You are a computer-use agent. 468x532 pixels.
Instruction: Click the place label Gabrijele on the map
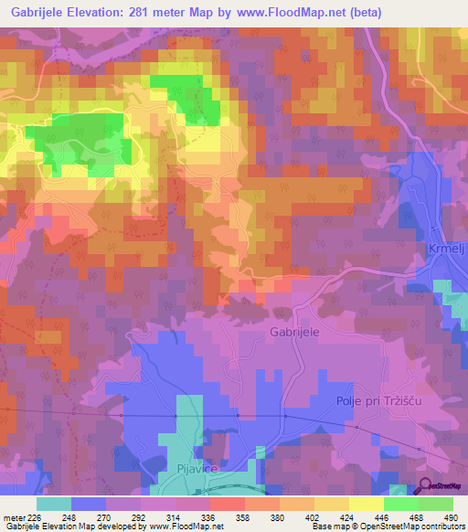click(x=294, y=333)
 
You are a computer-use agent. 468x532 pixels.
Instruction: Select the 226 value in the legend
click(x=33, y=516)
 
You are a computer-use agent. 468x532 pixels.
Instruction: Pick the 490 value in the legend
click(x=450, y=516)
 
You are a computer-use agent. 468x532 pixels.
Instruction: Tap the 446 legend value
click(x=380, y=516)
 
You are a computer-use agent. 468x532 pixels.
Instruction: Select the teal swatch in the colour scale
click(x=54, y=504)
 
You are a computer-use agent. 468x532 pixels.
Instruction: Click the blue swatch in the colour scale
click(x=89, y=504)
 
